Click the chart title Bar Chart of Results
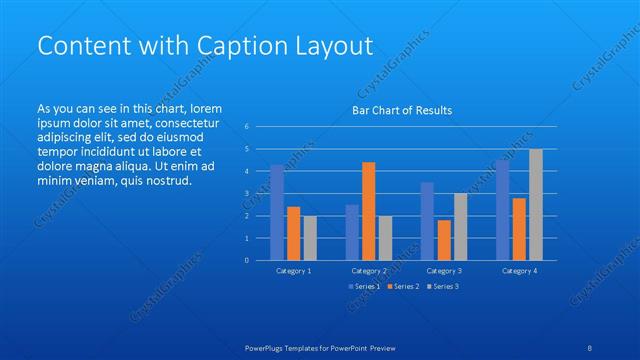click(401, 110)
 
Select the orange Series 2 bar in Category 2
click(368, 211)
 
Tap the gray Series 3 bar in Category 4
click(536, 204)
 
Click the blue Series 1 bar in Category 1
click(277, 212)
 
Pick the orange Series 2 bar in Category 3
click(443, 240)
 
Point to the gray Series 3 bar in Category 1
click(310, 238)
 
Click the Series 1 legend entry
click(363, 287)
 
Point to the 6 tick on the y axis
click(246, 127)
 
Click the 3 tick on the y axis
click(246, 193)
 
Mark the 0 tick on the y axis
click(246, 260)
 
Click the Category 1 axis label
click(293, 271)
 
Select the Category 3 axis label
click(443, 271)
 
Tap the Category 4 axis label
click(519, 271)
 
